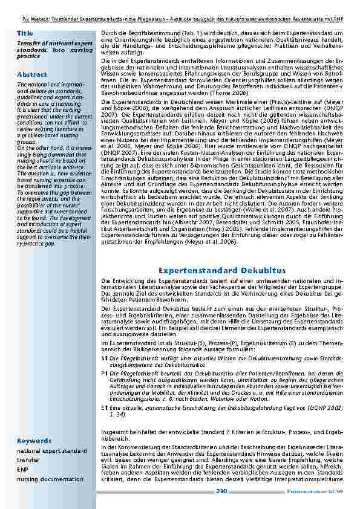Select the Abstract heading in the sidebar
click(x=32, y=74)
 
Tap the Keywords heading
click(x=34, y=441)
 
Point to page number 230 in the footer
click(x=221, y=491)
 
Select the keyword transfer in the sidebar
click(x=28, y=460)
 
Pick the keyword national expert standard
click(x=52, y=451)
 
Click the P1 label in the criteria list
click(x=105, y=374)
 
